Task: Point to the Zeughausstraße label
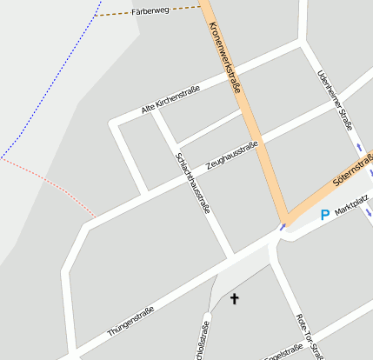pyautogui.click(x=231, y=155)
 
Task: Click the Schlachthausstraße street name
pyautogui.click(x=193, y=182)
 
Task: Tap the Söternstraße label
pyautogui.click(x=352, y=171)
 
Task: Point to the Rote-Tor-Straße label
pyautogui.click(x=310, y=335)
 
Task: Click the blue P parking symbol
pyautogui.click(x=325, y=215)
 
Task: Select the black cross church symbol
pyautogui.click(x=233, y=299)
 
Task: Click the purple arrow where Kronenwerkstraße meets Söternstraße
pyautogui.click(x=282, y=228)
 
